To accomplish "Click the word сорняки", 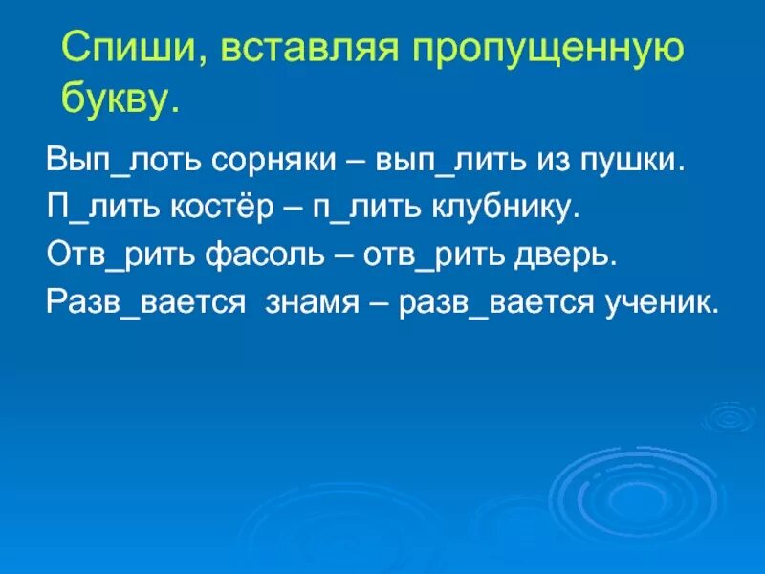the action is [x=274, y=160].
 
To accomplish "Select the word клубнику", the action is [x=506, y=208].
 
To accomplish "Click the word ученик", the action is [x=661, y=302].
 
